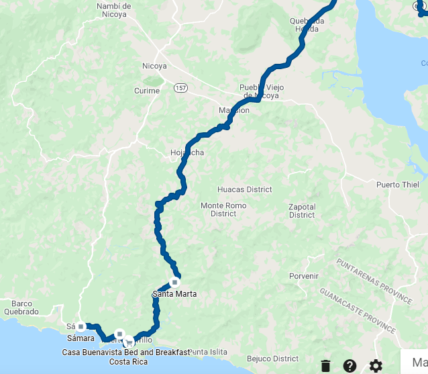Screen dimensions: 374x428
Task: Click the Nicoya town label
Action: pos(154,66)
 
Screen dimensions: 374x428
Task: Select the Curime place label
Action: pos(147,91)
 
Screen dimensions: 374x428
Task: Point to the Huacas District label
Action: pos(245,190)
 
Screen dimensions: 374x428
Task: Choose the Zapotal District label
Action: pos(302,211)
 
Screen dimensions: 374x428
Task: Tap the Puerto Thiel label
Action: pos(397,185)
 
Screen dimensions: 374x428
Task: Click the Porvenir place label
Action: pos(303,276)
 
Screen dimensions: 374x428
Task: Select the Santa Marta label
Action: pos(174,294)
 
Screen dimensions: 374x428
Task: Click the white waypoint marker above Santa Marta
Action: pos(174,282)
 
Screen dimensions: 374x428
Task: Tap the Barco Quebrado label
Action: pos(21,308)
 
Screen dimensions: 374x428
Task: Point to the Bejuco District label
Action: pos(272,359)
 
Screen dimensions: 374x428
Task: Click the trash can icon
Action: pos(325,366)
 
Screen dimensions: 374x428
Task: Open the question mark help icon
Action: pos(350,366)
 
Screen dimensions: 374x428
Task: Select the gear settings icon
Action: pos(376,366)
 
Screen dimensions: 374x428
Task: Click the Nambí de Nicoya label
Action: pos(113,10)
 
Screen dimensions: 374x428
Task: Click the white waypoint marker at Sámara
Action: pos(81,327)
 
